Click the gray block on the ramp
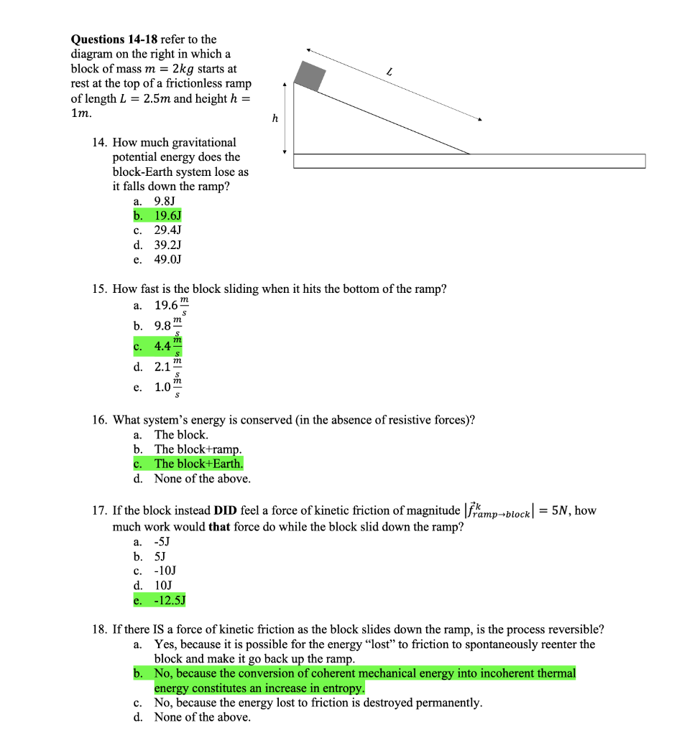pos(311,75)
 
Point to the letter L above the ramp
pos(389,72)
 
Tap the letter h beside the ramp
pos(274,118)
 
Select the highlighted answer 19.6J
pos(167,215)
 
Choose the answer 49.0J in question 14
pos(167,259)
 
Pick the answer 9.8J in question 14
pos(165,201)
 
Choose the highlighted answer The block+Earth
pos(198,464)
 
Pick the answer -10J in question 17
pos(165,571)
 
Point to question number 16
pos(100,420)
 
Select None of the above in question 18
pos(202,717)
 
